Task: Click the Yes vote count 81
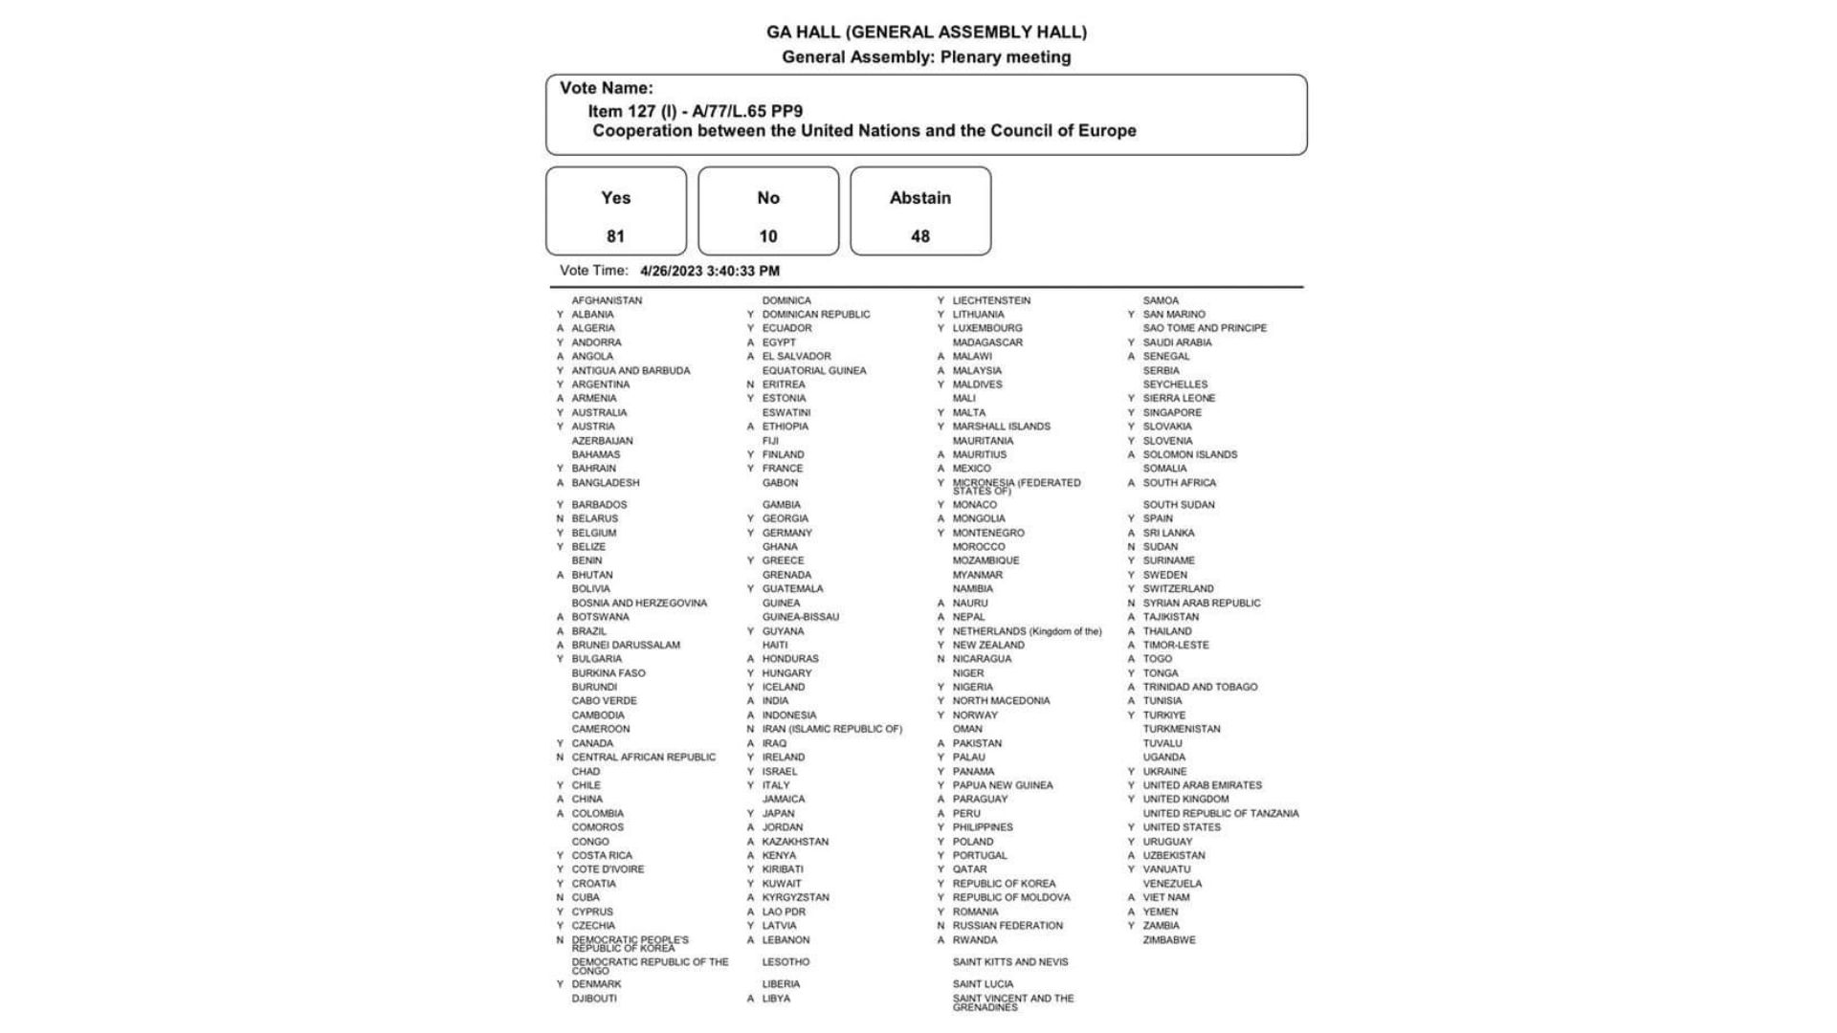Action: tap(615, 236)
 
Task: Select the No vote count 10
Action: tap(768, 236)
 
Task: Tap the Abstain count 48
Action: tap(920, 236)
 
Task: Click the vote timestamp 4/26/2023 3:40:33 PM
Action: tap(710, 272)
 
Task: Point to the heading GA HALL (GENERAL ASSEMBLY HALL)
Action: tap(926, 33)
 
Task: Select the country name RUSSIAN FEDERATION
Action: tap(1007, 926)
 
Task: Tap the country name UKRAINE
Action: tap(1164, 772)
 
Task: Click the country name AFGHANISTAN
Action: tap(607, 300)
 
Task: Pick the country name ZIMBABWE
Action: tap(1169, 940)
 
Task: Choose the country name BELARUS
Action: tap(595, 518)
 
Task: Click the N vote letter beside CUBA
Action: tap(560, 898)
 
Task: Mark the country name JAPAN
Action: tap(778, 814)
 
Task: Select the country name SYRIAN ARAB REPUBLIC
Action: tap(1202, 604)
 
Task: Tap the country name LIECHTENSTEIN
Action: tap(991, 300)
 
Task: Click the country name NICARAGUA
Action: tap(982, 659)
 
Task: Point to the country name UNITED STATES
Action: tap(1182, 827)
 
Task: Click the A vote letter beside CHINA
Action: tap(560, 800)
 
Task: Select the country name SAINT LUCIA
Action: tap(983, 984)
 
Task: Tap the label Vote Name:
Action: tap(607, 88)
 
